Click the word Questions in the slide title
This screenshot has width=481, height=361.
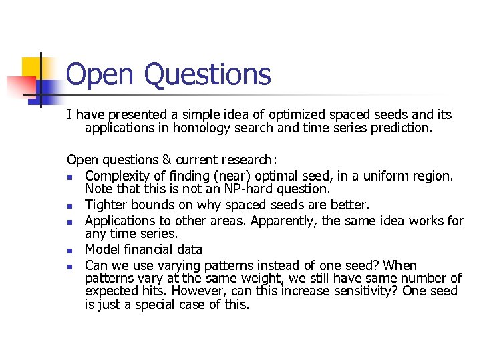click(x=207, y=75)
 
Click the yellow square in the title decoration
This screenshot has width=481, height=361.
click(x=33, y=69)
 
